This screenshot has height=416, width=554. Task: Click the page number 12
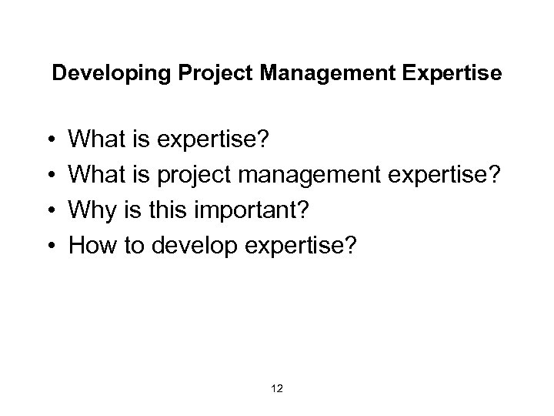[277, 390]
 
